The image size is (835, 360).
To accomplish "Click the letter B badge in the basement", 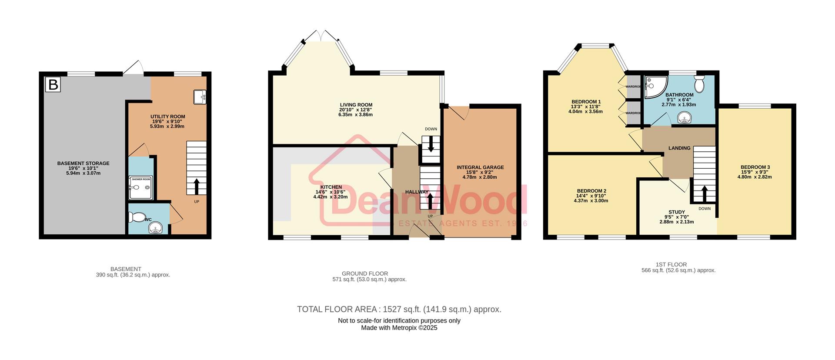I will [53, 84].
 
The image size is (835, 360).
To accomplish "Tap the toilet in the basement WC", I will [139, 217].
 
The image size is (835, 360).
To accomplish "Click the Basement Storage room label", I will [83, 163].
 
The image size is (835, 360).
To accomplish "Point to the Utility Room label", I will [167, 117].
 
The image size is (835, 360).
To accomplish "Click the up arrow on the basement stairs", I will [196, 186].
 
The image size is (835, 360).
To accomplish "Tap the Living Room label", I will [356, 105].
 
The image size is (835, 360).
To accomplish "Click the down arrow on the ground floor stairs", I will [431, 144].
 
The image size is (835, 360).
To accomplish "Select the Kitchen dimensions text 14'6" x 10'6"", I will [331, 192].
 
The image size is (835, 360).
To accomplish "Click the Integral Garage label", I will [480, 167].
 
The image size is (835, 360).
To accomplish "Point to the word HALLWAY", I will [417, 192].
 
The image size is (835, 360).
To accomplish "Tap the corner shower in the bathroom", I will [654, 87].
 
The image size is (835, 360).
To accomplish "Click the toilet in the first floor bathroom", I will [699, 83].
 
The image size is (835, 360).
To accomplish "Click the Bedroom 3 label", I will [755, 167].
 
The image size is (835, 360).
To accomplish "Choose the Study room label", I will [677, 212].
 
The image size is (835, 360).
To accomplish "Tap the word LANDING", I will [679, 148].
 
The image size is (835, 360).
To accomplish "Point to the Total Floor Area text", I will [399, 310].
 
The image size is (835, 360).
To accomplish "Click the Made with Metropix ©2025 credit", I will [399, 328].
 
